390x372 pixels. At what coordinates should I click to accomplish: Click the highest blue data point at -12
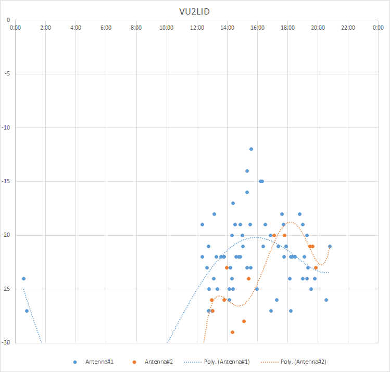click(x=251, y=149)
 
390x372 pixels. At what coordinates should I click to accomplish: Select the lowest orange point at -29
click(x=232, y=332)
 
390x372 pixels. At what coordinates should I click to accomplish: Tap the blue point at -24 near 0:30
click(x=23, y=278)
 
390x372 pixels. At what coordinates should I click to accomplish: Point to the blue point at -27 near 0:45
click(x=27, y=311)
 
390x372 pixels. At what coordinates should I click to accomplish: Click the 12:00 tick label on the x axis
click(x=197, y=28)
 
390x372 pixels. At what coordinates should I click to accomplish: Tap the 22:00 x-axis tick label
click(x=348, y=28)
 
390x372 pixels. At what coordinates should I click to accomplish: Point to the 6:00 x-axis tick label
click(x=106, y=28)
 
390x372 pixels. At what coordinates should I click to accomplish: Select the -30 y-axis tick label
click(x=6, y=343)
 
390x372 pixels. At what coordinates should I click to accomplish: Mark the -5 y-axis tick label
click(x=7, y=73)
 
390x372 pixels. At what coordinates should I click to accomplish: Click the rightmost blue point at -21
click(x=330, y=246)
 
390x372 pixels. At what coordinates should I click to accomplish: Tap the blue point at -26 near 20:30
click(x=326, y=300)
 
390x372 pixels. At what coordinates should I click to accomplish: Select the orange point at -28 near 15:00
click(x=244, y=321)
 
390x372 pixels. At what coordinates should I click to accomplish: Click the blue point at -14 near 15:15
click(x=247, y=171)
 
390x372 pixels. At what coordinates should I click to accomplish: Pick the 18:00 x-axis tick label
click(x=287, y=28)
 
